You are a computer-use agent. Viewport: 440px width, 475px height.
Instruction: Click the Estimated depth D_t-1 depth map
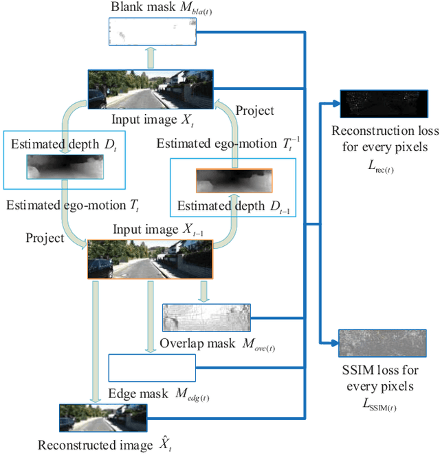(234, 181)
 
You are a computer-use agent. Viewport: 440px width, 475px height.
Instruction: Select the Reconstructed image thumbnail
(102, 418)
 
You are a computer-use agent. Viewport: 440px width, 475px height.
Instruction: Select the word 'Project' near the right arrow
(254, 110)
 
